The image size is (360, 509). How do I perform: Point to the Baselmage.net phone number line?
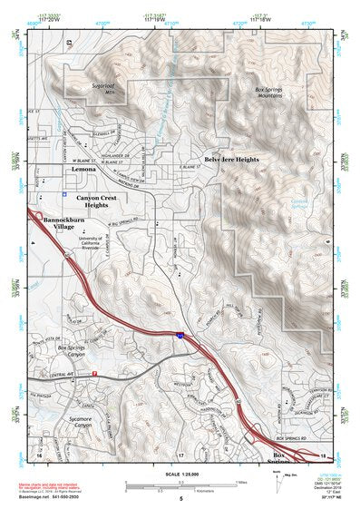(58, 498)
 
